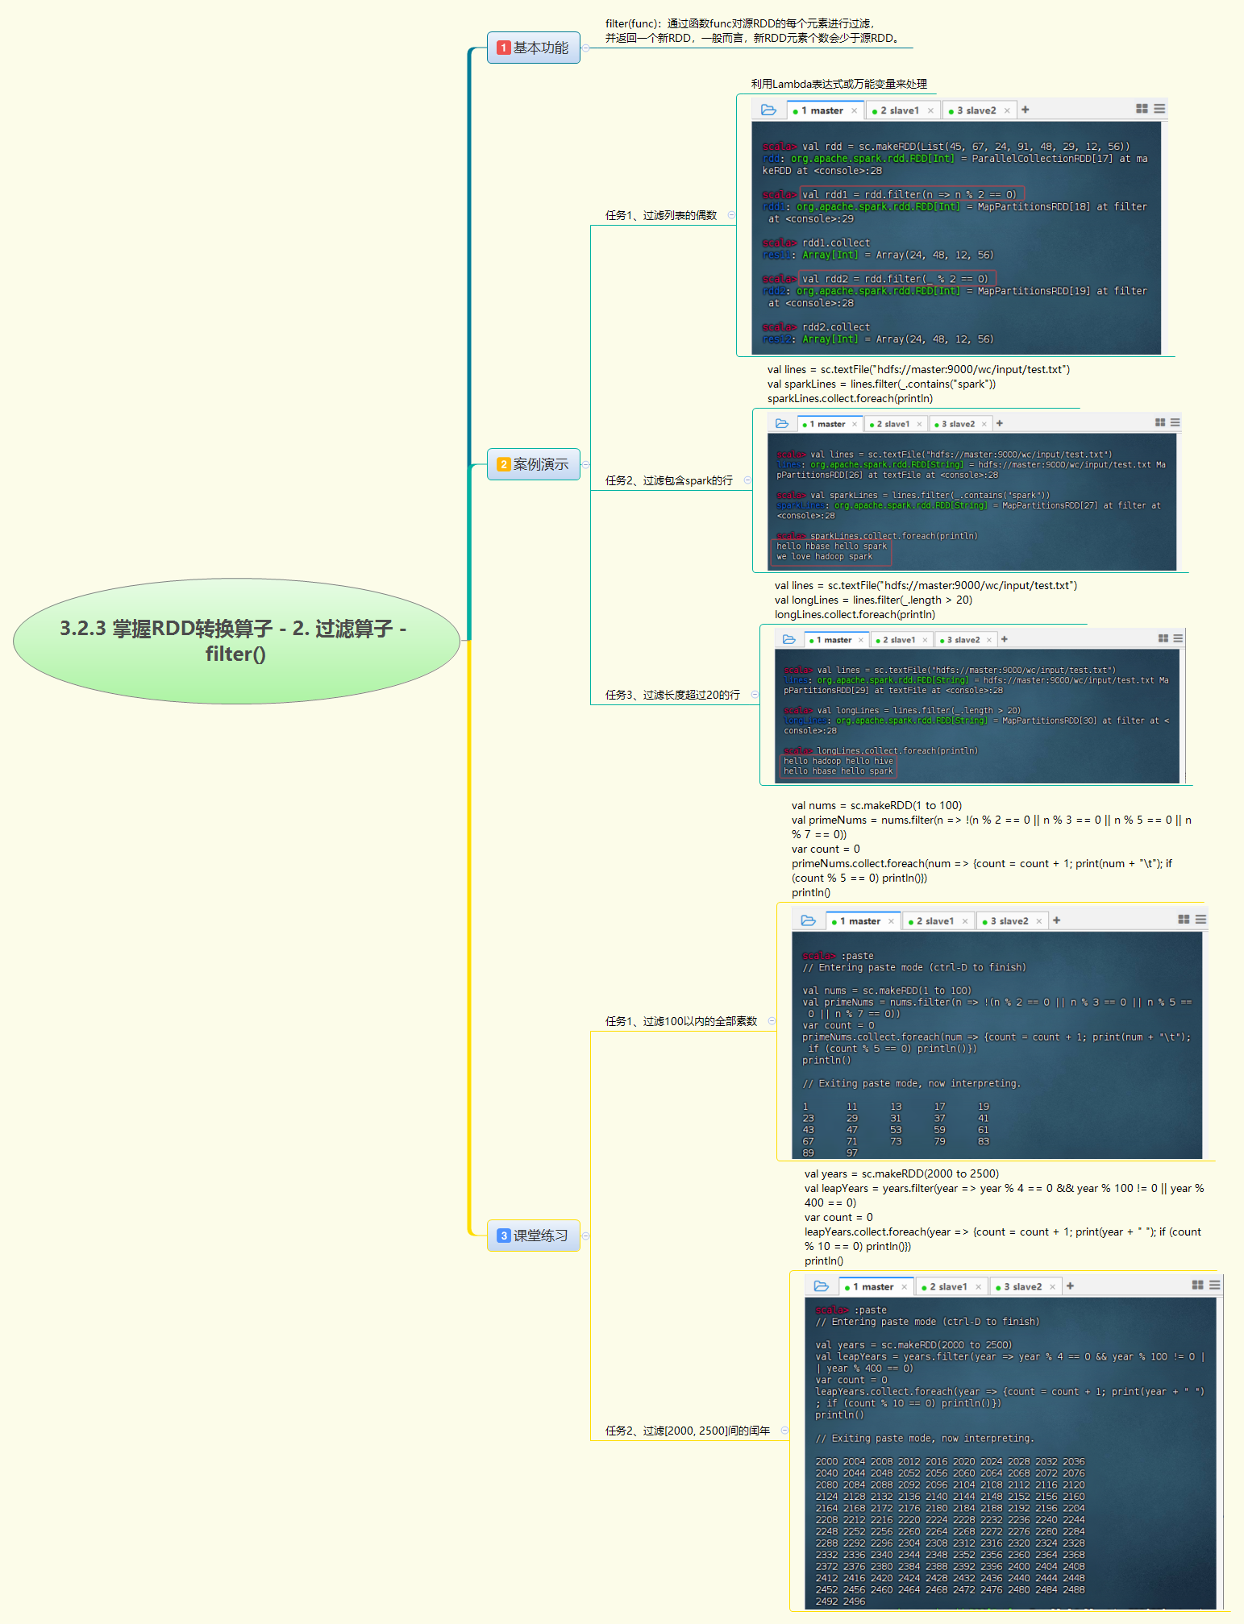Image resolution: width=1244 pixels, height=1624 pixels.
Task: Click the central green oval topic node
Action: coord(235,641)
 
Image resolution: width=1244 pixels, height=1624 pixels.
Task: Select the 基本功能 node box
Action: coord(533,48)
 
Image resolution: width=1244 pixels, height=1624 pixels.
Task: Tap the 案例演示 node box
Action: coord(533,464)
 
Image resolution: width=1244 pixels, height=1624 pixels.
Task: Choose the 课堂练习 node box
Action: coord(533,1236)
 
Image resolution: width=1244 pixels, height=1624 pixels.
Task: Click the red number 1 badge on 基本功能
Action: coord(503,48)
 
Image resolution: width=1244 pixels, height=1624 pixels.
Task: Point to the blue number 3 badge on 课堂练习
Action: coord(503,1236)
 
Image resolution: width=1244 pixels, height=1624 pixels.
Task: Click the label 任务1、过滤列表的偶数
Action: coord(661,215)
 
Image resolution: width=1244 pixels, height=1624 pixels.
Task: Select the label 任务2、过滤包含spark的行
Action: coord(668,480)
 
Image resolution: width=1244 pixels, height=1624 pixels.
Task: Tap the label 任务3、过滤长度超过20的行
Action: coord(672,695)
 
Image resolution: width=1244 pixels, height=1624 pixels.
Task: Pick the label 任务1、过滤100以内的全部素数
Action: coord(681,1021)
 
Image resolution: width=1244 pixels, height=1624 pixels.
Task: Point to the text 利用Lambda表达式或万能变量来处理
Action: coord(838,84)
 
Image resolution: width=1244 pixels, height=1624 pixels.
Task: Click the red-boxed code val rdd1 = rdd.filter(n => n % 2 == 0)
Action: coord(911,194)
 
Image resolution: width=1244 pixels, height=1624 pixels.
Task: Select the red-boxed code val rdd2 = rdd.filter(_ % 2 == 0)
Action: coord(897,279)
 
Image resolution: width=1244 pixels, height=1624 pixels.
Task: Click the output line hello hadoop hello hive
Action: coord(838,761)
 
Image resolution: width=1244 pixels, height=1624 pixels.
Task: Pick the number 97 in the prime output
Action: coord(852,1153)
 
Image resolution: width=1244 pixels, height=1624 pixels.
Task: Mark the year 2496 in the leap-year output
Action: coord(854,1601)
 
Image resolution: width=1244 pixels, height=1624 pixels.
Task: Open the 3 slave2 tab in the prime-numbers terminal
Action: coord(1009,921)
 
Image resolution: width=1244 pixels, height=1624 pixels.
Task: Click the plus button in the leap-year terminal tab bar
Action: coord(1070,1286)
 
